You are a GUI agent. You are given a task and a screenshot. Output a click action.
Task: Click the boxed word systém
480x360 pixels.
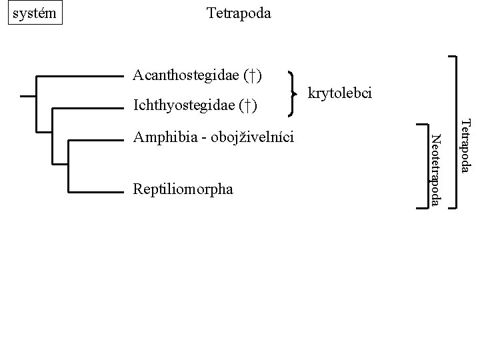coord(34,13)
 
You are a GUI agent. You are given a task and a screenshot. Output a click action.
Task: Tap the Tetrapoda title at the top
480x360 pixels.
coord(239,13)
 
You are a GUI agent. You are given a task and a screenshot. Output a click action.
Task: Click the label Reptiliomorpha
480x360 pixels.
coord(183,189)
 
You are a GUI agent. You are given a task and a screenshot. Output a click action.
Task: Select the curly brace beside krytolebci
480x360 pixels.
coord(294,92)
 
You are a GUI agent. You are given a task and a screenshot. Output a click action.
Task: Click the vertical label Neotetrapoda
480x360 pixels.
coord(435,169)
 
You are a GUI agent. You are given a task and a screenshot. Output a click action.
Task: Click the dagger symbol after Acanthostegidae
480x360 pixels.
coord(253,74)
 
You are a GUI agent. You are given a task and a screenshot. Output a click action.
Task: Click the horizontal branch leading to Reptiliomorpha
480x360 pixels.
coord(97,192)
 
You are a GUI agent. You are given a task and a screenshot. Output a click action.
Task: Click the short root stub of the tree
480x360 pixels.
coord(28,97)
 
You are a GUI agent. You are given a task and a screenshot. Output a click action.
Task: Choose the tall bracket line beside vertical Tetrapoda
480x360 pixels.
coord(456,133)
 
